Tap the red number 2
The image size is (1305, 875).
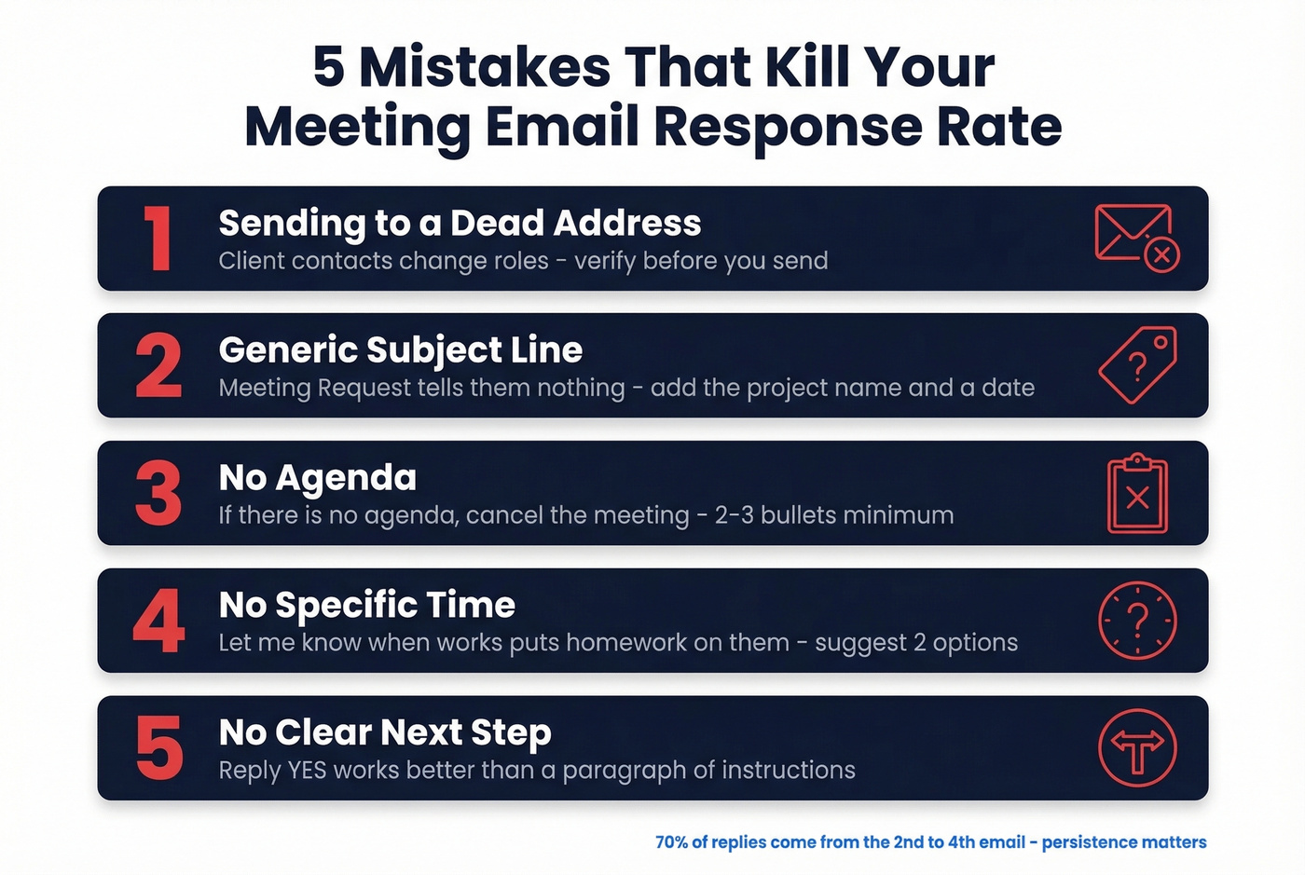(158, 366)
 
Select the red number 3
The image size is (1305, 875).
(158, 494)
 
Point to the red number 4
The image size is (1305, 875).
(158, 622)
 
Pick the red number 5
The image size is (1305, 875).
(158, 748)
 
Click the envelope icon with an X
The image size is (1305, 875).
(1136, 238)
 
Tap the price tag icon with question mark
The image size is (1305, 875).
(1137, 365)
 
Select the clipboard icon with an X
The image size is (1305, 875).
(1137, 494)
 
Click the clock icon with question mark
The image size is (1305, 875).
(1137, 621)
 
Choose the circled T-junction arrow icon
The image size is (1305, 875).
(1137, 748)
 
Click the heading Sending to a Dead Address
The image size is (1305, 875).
(460, 224)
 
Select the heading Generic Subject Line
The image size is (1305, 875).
(401, 350)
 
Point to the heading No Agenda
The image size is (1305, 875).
(318, 478)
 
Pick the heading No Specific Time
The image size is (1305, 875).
(367, 606)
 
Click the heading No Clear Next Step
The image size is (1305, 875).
(385, 733)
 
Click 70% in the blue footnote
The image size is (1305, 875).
(672, 842)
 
